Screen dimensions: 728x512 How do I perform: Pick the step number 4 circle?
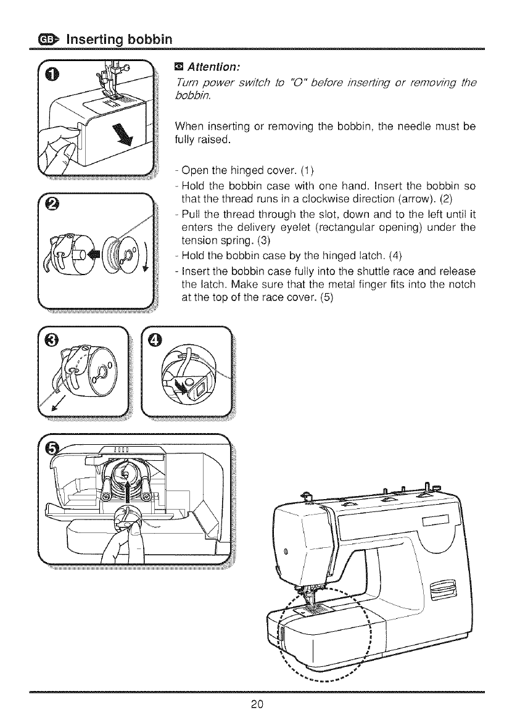(156, 340)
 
